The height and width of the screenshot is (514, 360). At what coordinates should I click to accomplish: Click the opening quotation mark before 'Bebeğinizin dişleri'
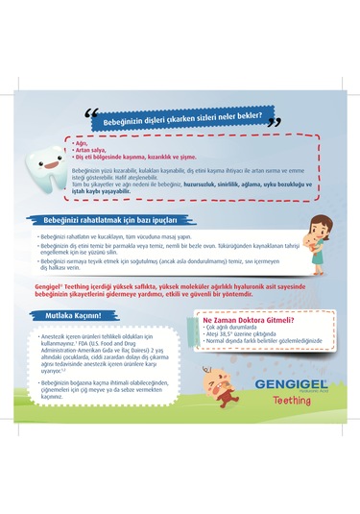tap(92, 116)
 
